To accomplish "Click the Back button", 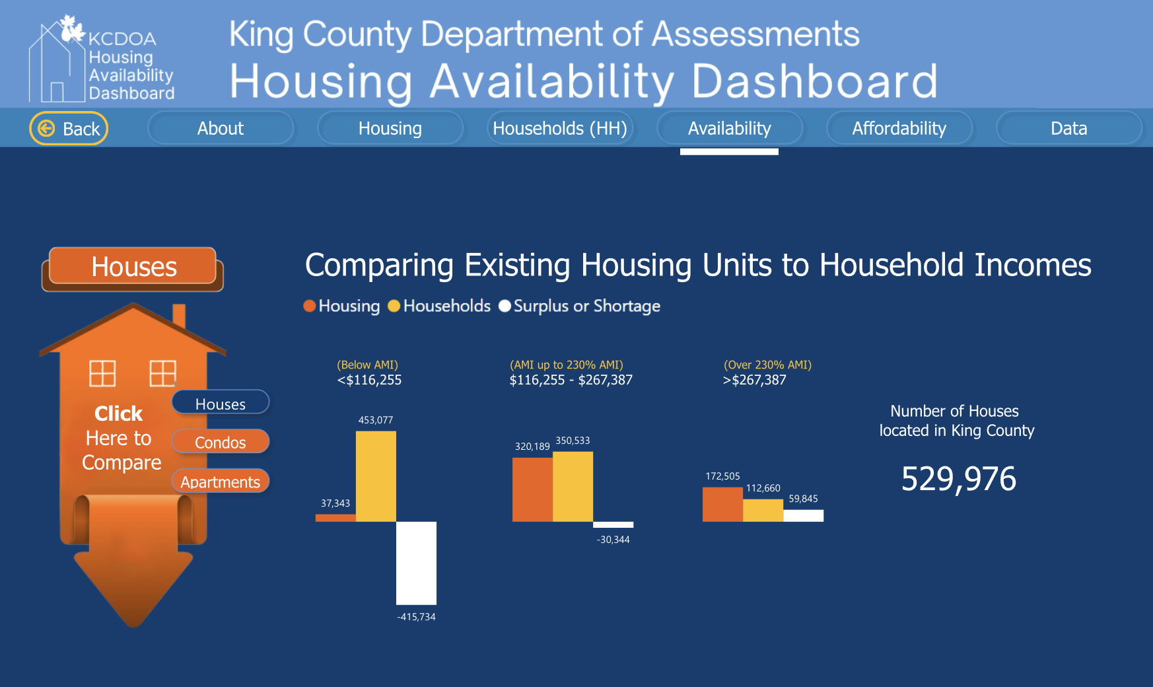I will tap(69, 128).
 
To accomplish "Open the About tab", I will tap(221, 128).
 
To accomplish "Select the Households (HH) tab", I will tap(560, 128).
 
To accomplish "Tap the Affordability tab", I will tap(899, 128).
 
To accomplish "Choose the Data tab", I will tap(1068, 128).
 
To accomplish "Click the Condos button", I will tap(221, 442).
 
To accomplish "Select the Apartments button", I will tap(221, 482).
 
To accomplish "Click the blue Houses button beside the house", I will tap(221, 403).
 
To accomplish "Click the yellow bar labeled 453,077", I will tap(376, 476).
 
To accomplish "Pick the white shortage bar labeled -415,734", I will tap(416, 563).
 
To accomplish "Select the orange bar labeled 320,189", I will tap(532, 489).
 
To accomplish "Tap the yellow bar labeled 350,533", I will tap(573, 486).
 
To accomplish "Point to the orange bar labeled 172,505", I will tap(722, 504).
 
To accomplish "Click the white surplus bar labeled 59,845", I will tap(803, 515).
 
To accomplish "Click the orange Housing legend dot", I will tap(309, 306).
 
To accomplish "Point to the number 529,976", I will tap(958, 479).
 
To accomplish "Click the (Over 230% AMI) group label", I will tap(767, 365).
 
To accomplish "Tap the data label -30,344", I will tap(613, 540).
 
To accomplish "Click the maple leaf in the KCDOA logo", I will tap(71, 28).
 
